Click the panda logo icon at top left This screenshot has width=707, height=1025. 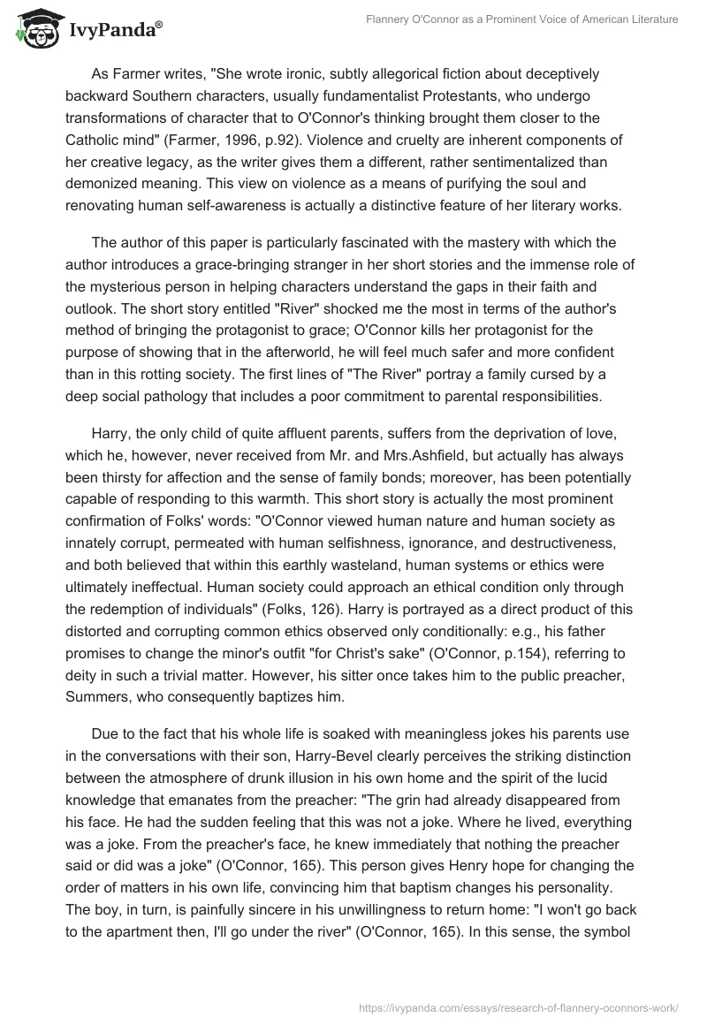pyautogui.click(x=34, y=29)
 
